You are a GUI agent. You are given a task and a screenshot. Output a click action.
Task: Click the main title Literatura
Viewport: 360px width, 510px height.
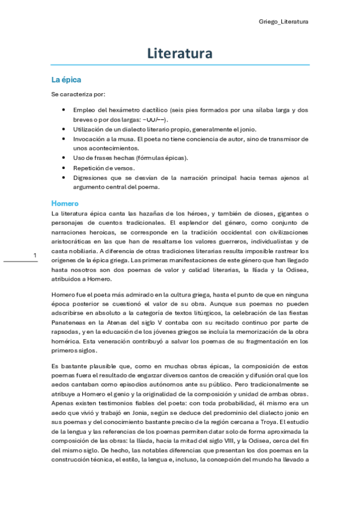[180, 54]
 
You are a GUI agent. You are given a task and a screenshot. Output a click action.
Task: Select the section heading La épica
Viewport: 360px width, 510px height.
[66, 79]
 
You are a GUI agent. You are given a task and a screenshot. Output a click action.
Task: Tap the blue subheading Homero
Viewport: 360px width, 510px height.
[65, 203]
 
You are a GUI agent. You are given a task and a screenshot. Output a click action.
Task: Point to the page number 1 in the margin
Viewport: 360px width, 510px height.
[35, 256]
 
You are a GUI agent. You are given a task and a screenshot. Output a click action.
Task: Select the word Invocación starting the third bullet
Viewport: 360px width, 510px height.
[91, 139]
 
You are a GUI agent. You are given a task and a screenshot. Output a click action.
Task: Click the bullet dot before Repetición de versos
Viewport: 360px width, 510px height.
[64, 168]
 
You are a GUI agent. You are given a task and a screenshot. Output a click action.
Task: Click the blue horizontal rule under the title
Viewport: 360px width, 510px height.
[180, 65]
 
